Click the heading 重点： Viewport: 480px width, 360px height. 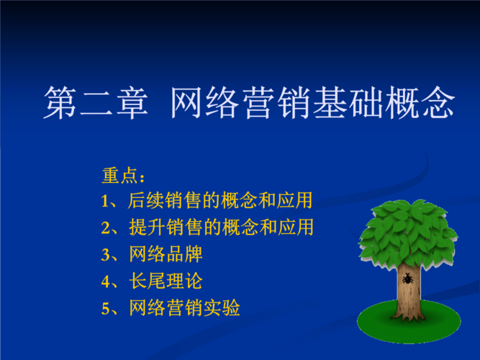(124, 176)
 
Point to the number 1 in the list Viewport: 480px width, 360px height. (106, 201)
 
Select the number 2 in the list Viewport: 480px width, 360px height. (106, 228)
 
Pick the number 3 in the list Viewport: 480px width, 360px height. (106, 255)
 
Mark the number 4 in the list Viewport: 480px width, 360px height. (106, 282)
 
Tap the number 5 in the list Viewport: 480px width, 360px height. (106, 309)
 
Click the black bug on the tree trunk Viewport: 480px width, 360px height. (407, 278)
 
